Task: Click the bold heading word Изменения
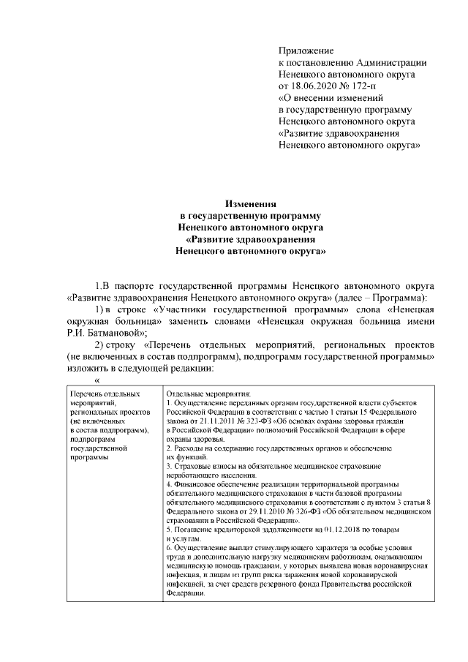(x=249, y=203)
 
